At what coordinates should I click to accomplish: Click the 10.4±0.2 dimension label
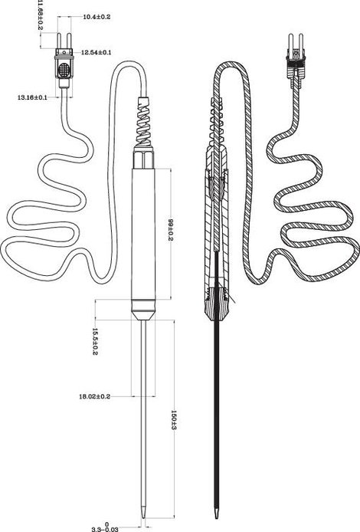pyautogui.click(x=97, y=17)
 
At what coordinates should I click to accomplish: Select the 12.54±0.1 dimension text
pyautogui.click(x=97, y=53)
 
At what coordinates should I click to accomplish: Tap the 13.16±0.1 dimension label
pyautogui.click(x=32, y=97)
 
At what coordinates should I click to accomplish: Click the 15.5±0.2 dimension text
pyautogui.click(x=95, y=341)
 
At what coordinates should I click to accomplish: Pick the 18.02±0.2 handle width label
pyautogui.click(x=94, y=396)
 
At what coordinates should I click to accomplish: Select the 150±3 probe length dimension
pyautogui.click(x=174, y=419)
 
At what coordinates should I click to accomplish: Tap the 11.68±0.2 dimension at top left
pyautogui.click(x=40, y=15)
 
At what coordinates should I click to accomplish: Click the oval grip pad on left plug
pyautogui.click(x=64, y=71)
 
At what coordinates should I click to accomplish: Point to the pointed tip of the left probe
pyautogui.click(x=143, y=517)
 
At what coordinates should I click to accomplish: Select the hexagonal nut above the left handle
pyautogui.click(x=143, y=157)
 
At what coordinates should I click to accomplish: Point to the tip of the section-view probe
pyautogui.click(x=216, y=517)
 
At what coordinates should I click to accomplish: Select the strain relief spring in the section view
pyautogui.click(x=217, y=120)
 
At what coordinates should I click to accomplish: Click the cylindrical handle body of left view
pyautogui.click(x=143, y=234)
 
